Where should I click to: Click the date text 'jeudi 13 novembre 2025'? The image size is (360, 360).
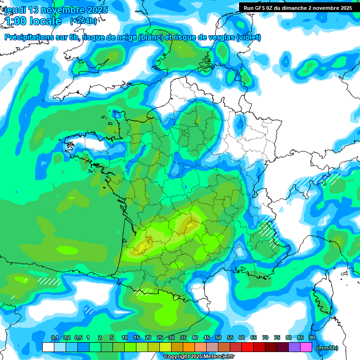(56, 10)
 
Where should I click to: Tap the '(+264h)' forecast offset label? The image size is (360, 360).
(83, 21)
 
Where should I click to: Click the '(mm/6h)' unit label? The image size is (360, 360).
(327, 348)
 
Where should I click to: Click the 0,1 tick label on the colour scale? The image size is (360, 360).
(54, 338)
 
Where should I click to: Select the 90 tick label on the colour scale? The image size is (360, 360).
(312, 338)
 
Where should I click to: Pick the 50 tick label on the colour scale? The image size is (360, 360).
(218, 338)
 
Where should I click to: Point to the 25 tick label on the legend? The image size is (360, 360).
(160, 338)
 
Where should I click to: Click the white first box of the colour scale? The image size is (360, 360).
(48, 347)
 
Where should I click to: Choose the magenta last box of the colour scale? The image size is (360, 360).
(306, 347)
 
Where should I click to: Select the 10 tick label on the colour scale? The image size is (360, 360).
(125, 338)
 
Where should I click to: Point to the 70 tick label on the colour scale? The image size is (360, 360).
(265, 338)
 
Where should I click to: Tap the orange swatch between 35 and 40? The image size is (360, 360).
(189, 347)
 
